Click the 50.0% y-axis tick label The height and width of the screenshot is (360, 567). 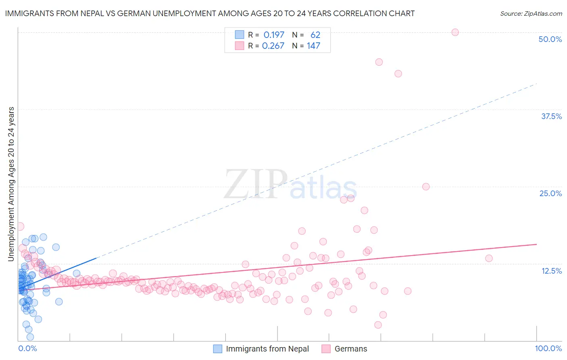click(x=550, y=39)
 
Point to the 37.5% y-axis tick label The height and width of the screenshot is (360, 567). click(x=551, y=116)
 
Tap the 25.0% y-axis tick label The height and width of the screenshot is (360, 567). click(x=550, y=193)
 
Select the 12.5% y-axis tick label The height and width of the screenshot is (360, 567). click(x=551, y=271)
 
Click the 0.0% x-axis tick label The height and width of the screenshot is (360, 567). click(x=27, y=348)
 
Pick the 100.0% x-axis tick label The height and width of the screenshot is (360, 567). click(x=548, y=348)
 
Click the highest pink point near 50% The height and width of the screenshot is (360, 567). click(x=455, y=32)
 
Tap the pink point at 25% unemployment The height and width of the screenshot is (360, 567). click(x=426, y=186)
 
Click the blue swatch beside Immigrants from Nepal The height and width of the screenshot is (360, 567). click(x=218, y=349)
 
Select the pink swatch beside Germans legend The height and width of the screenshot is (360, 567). click(x=326, y=349)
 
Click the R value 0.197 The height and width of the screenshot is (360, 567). click(x=274, y=35)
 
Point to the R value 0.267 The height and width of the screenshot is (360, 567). click(x=273, y=46)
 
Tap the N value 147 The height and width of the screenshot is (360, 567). click(x=313, y=46)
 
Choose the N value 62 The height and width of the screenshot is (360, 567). click(x=315, y=35)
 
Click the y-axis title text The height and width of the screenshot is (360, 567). click(x=11, y=184)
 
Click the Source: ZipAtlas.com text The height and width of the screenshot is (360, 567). click(x=531, y=13)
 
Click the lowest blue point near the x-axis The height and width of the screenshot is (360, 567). click(x=30, y=337)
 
